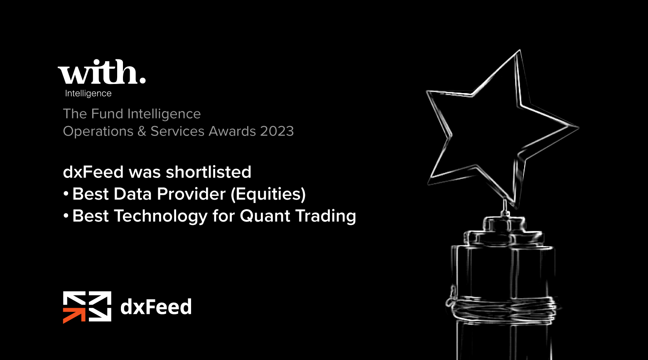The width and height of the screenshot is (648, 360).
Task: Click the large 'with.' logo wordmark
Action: [x=101, y=72]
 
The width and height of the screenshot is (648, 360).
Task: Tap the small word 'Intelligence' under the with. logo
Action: [x=88, y=94]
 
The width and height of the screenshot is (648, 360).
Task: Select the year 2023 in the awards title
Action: [x=277, y=131]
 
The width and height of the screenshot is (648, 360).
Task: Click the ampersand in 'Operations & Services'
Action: [x=142, y=131]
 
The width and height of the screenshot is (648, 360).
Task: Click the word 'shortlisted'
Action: [x=209, y=172]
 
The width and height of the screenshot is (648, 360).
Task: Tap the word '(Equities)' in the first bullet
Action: [x=268, y=194]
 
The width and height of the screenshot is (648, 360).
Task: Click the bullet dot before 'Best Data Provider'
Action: [x=66, y=194]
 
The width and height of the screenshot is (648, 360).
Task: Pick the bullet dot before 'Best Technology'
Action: [x=66, y=216]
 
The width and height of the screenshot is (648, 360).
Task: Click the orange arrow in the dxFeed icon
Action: [x=74, y=315]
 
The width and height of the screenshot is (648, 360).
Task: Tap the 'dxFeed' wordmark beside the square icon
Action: [x=156, y=307]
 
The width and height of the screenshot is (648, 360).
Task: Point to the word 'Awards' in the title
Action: [x=232, y=131]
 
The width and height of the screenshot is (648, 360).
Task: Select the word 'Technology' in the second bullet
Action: [x=161, y=216]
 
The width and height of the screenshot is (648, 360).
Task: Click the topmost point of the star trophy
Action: [x=520, y=50]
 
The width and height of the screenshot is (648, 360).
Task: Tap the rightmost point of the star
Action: [x=578, y=127]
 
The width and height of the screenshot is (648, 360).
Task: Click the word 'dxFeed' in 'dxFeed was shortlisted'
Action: [x=93, y=172]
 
